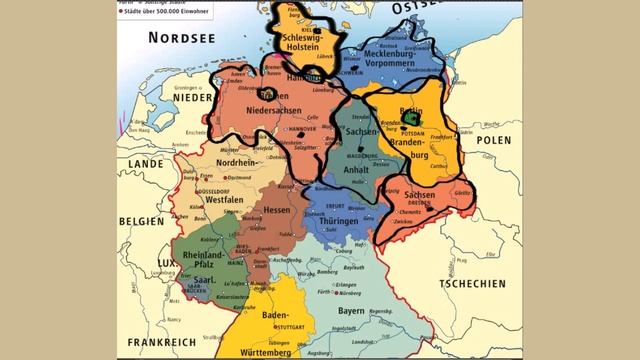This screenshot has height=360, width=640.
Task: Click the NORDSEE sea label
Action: tap(183, 37)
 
